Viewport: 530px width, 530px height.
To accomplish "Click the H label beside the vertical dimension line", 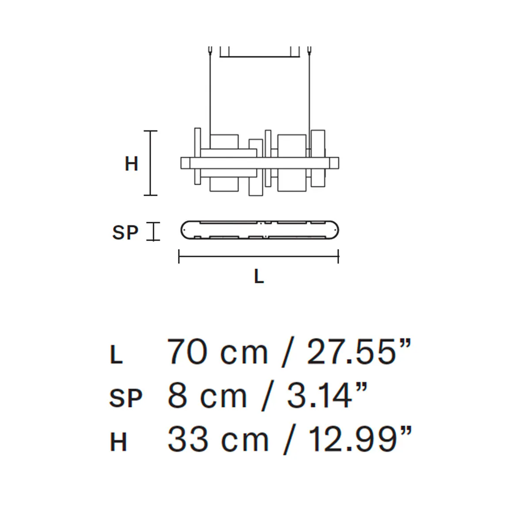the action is (x=131, y=164).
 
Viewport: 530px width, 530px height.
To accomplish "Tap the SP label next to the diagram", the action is (x=125, y=232).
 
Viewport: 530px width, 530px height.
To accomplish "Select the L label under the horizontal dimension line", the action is (x=259, y=276).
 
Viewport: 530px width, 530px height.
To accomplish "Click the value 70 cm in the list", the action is (x=217, y=352).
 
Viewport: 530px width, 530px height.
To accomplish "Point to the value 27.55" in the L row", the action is (x=359, y=352).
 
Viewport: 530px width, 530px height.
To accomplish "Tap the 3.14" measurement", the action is (x=327, y=395).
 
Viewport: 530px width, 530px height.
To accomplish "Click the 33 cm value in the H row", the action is (x=218, y=439).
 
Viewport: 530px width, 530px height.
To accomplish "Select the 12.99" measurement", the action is (x=360, y=439).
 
